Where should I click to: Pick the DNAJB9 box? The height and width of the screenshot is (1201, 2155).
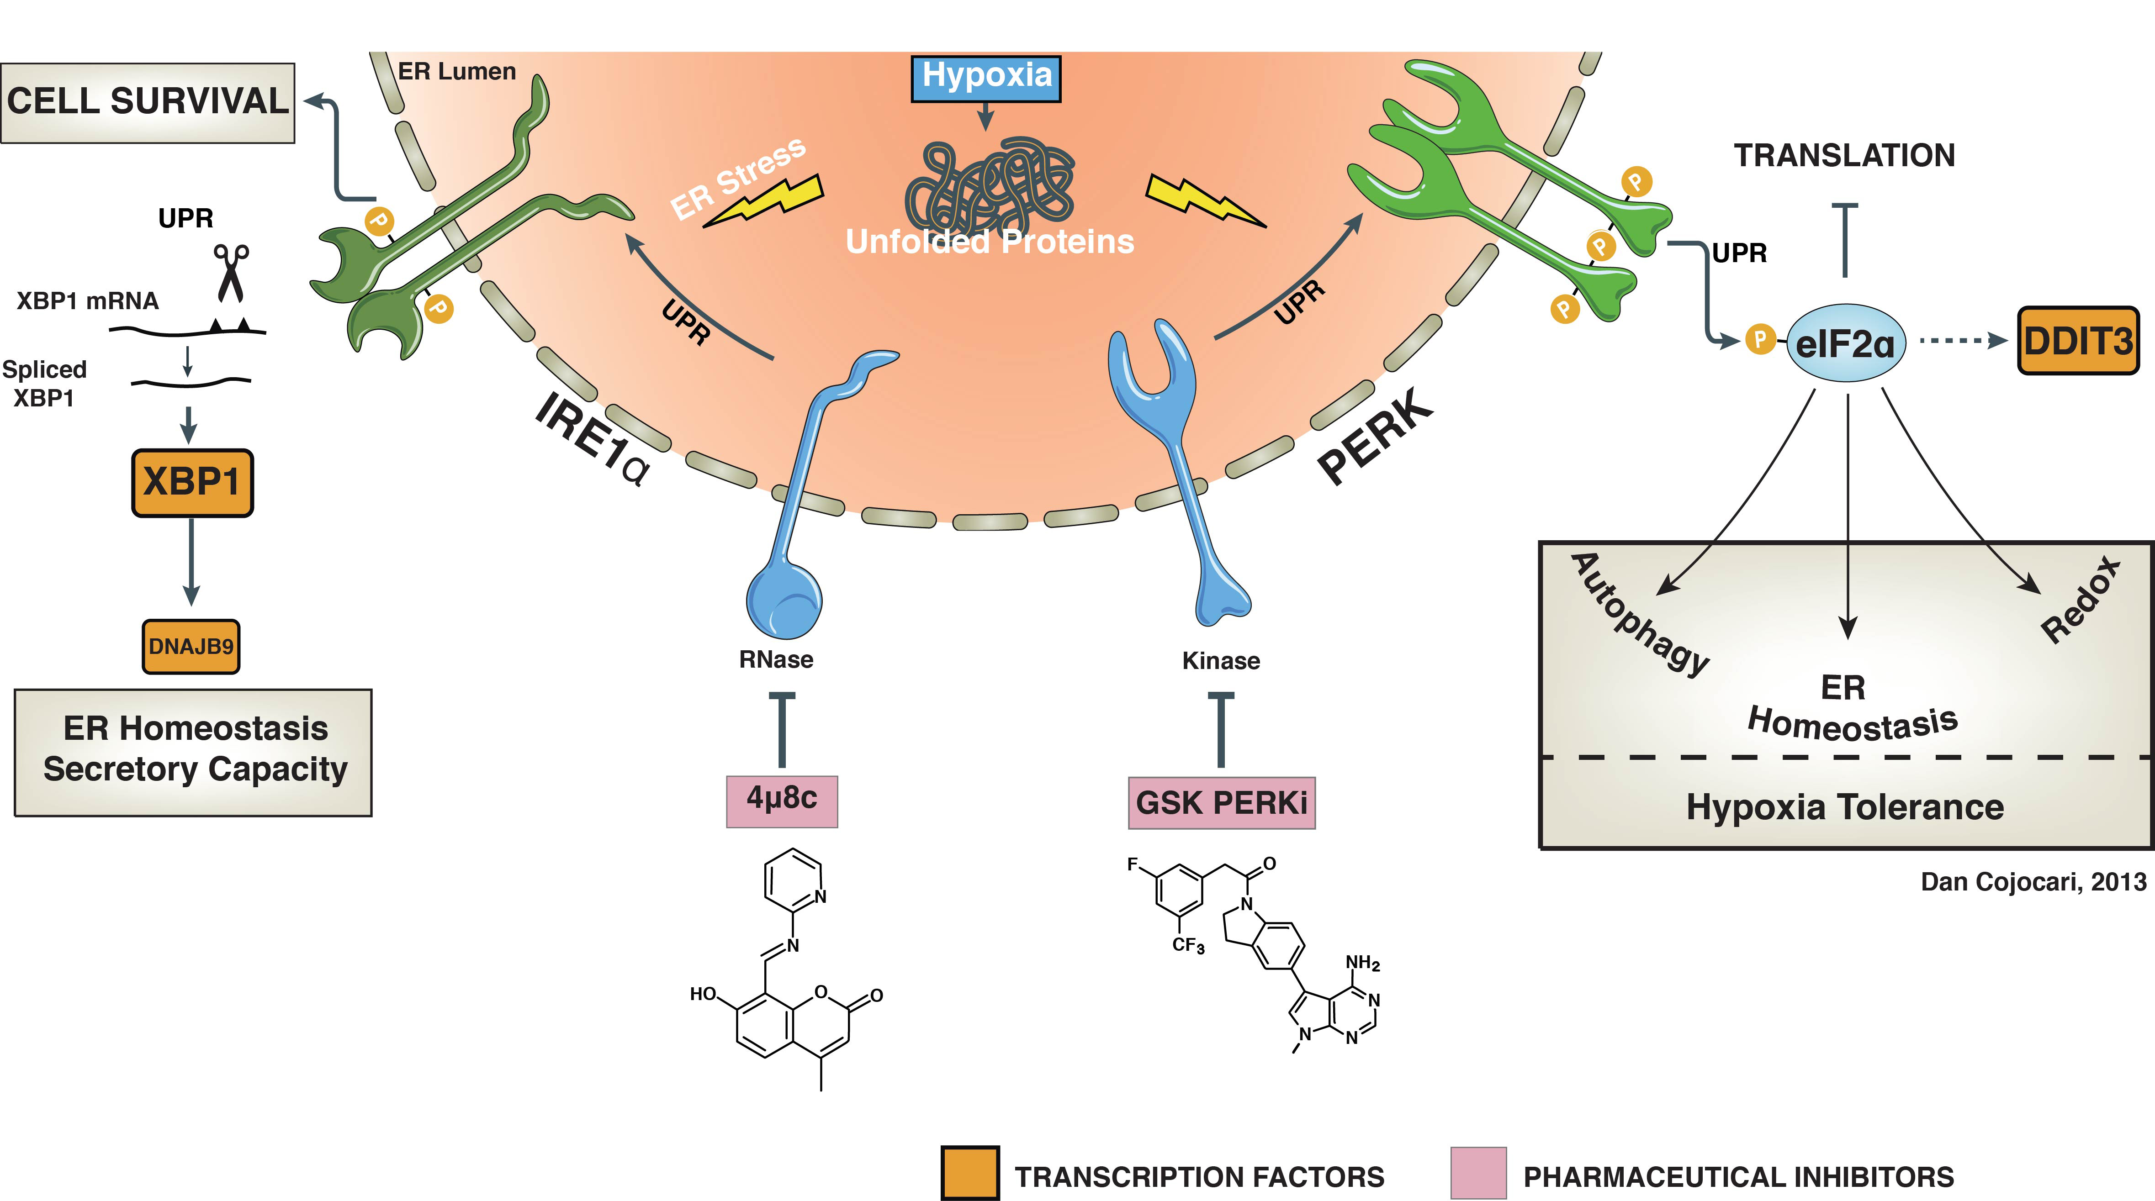191,647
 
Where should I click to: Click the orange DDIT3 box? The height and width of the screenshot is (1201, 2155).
2078,340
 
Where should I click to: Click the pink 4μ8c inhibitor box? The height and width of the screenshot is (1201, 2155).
781,800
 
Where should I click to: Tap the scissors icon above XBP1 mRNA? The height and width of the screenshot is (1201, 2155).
231,272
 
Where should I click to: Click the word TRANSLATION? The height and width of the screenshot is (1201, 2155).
1844,156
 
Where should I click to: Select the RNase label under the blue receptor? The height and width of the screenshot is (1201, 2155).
775,660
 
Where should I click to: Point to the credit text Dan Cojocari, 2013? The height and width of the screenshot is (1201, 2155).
2033,881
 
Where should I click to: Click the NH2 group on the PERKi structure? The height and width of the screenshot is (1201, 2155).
1362,963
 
